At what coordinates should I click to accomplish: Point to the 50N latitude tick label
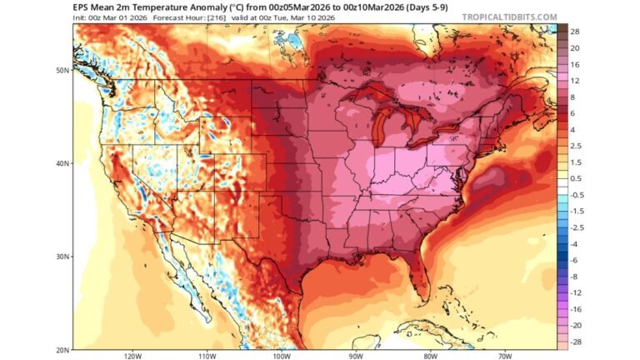point(62,70)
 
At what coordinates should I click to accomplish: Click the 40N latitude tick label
point(62,163)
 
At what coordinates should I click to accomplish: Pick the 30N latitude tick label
point(62,256)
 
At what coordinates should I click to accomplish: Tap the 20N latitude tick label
point(62,349)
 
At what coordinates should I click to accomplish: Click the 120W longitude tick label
point(131,356)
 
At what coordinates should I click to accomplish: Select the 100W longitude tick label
point(280,356)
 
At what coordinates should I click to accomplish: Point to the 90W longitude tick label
point(356,356)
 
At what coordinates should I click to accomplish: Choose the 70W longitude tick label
point(505,356)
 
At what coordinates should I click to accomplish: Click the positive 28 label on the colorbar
point(574,31)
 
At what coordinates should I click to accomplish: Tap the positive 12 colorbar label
point(574,80)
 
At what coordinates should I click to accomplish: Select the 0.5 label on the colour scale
point(575,178)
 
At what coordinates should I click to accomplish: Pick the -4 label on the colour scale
point(574,243)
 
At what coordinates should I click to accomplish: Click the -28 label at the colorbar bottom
point(575,342)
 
